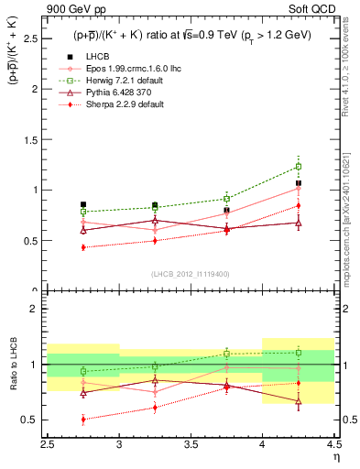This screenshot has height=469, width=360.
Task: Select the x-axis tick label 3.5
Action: pyautogui.click(x=191, y=441)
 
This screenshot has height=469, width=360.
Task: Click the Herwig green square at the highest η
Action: pyautogui.click(x=298, y=167)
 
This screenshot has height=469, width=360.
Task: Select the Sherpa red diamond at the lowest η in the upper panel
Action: pyautogui.click(x=83, y=247)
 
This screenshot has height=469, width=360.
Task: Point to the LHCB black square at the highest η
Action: pyautogui.click(x=298, y=183)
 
